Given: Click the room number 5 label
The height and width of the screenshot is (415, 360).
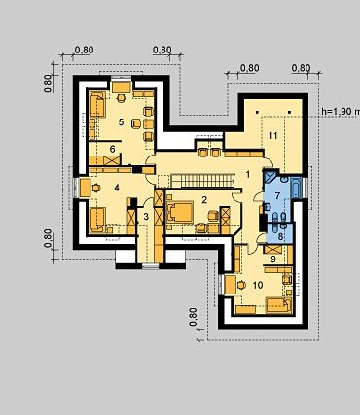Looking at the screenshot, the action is (121, 122).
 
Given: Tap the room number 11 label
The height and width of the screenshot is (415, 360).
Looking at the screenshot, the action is (273, 136).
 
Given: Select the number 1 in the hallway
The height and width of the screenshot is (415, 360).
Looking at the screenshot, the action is (248, 175).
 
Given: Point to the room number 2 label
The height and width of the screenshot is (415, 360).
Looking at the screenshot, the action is (204, 200).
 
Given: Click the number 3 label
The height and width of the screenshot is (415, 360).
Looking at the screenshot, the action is (146, 216).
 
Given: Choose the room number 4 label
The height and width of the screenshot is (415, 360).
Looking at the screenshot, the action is (117, 188).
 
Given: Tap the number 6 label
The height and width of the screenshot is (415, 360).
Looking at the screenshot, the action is (112, 149).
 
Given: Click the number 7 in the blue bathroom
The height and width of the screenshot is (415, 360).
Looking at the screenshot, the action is (277, 196).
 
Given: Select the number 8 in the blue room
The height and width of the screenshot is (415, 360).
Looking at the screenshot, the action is (280, 236).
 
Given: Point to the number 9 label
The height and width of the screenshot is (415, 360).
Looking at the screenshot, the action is (272, 259).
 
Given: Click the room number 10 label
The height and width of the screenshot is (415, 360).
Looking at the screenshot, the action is (258, 285).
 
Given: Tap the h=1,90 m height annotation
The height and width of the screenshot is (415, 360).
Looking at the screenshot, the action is (341, 111).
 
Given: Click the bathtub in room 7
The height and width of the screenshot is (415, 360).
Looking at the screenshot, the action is (296, 188).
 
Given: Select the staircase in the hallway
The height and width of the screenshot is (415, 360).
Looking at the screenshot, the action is (202, 181).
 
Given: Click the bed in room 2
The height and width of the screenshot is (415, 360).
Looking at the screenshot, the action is (180, 212).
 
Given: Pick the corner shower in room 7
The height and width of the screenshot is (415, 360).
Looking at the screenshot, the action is (270, 176).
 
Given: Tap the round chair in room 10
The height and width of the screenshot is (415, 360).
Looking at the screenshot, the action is (241, 285).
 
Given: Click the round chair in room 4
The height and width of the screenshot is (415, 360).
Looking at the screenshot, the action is (96, 188).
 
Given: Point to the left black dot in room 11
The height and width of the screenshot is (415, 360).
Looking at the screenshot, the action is (257, 112).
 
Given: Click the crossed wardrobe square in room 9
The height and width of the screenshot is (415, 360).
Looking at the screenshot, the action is (272, 250).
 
